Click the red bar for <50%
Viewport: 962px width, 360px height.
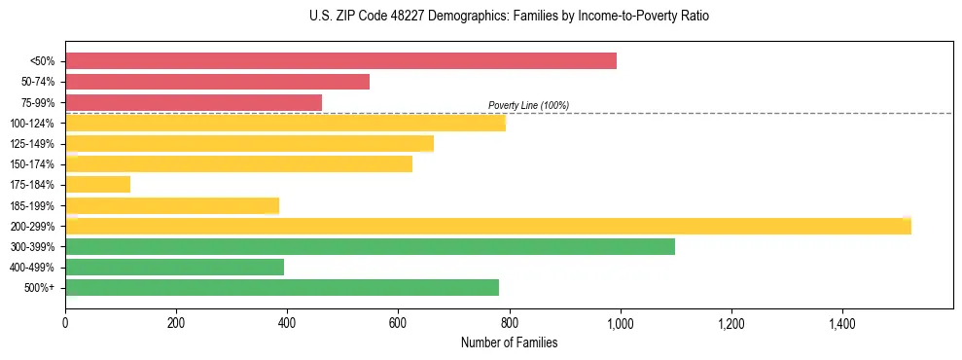click(x=340, y=61)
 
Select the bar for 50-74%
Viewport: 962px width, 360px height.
click(x=217, y=82)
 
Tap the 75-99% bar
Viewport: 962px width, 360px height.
click(x=193, y=102)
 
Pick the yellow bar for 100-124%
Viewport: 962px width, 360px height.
click(x=285, y=124)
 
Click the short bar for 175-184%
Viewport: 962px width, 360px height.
click(x=97, y=185)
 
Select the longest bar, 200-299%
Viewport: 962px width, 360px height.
click(x=487, y=227)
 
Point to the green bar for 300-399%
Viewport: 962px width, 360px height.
click(x=370, y=247)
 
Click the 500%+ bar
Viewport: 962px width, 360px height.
click(x=282, y=288)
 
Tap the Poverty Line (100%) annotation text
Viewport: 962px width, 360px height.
click(x=528, y=105)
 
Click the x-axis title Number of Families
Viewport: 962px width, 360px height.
click(x=509, y=342)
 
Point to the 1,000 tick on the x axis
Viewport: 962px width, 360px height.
click(x=620, y=324)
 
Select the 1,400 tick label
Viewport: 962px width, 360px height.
click(x=841, y=324)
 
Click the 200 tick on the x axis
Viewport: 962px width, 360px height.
click(x=176, y=324)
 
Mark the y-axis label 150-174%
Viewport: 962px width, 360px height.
click(x=33, y=164)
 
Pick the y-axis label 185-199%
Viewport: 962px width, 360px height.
click(x=33, y=205)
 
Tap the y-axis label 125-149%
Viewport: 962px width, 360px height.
click(x=33, y=144)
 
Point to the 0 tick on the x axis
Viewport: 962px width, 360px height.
click(x=65, y=324)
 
